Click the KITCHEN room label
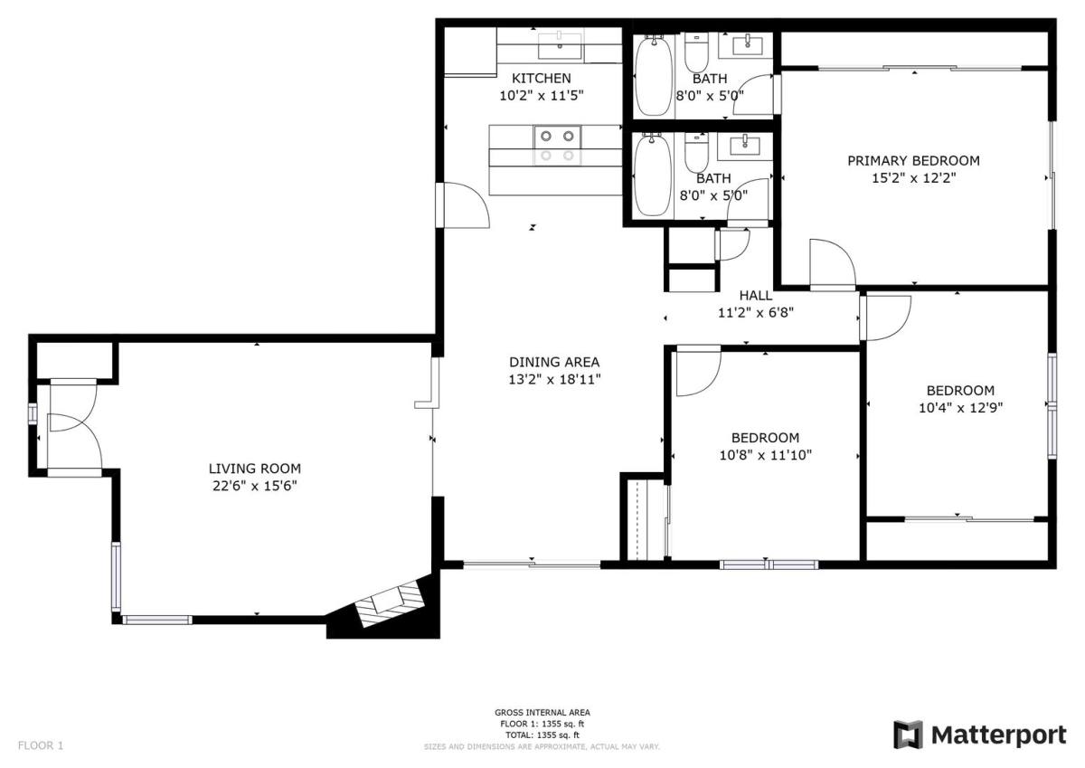pyautogui.click(x=541, y=78)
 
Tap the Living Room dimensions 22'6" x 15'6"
pyautogui.click(x=254, y=486)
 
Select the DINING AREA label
pyautogui.click(x=554, y=362)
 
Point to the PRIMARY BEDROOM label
pyautogui.click(x=913, y=160)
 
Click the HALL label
pyautogui.click(x=756, y=295)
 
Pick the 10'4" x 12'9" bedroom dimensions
pyautogui.click(x=960, y=407)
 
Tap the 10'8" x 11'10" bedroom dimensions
pyautogui.click(x=765, y=455)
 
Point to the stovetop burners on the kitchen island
pyautogui.click(x=557, y=146)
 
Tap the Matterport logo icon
pyautogui.click(x=908, y=735)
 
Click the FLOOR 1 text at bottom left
pyautogui.click(x=41, y=745)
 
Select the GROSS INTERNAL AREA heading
pyautogui.click(x=542, y=712)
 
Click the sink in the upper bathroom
pyautogui.click(x=747, y=45)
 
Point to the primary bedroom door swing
pyautogui.click(x=833, y=264)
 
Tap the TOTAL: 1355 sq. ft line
pyautogui.click(x=542, y=735)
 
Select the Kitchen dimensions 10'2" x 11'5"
pyautogui.click(x=541, y=96)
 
